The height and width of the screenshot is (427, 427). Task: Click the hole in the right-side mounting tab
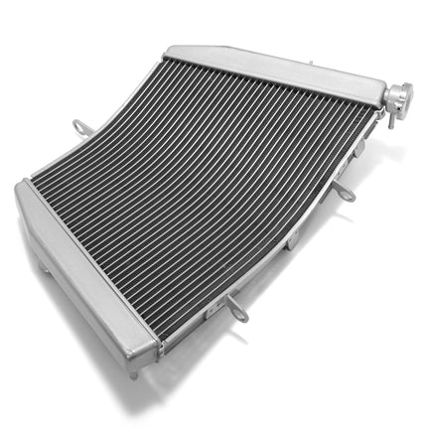point(348,194)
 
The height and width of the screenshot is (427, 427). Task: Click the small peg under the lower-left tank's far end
point(43,266)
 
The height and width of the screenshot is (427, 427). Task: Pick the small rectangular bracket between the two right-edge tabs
point(294,238)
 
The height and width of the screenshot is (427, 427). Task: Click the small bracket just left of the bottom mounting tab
point(211,311)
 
